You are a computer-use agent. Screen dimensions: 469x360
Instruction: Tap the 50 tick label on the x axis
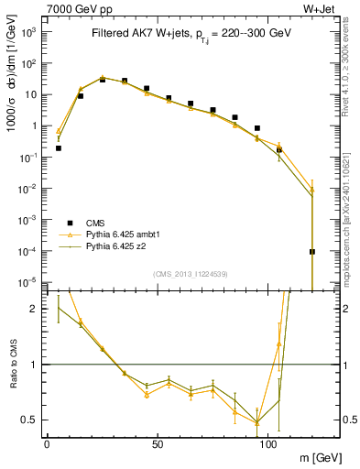coord(158,443)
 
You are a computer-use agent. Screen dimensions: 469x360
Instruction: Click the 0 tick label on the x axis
coord(47,443)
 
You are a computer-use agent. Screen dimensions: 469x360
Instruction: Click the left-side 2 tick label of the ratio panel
coord(35,309)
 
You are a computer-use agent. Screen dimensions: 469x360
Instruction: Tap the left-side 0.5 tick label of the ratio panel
coord(31,420)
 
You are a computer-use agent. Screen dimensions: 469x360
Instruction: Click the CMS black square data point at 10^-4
coord(312,251)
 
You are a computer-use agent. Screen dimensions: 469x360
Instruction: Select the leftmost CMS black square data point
coord(59,147)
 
